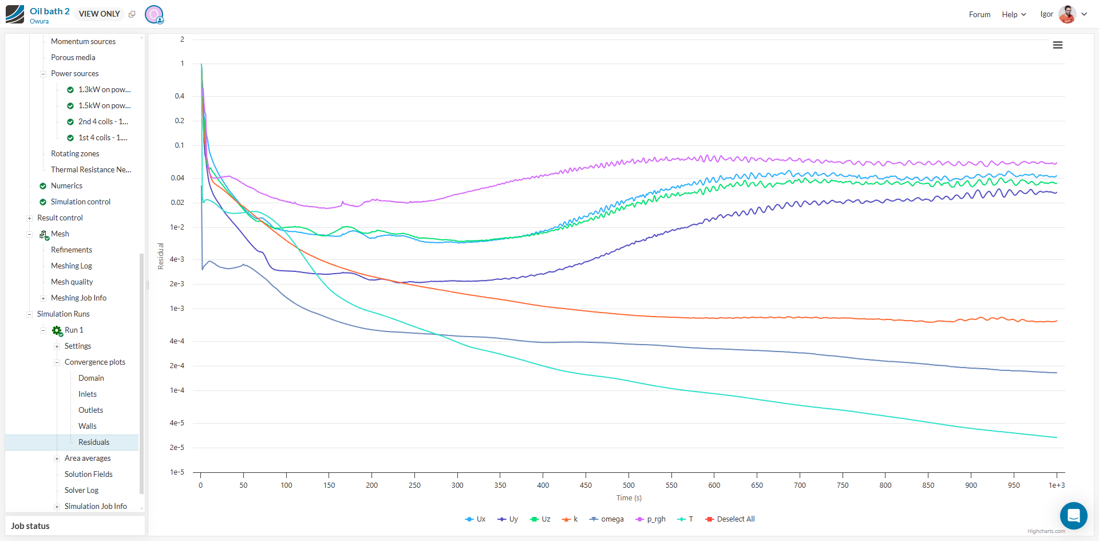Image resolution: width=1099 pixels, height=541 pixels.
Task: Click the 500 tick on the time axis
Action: pos(628,485)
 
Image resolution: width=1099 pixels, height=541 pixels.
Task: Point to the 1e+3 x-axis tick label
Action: pos(1056,485)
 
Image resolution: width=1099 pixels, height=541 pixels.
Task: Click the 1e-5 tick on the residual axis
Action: pos(177,472)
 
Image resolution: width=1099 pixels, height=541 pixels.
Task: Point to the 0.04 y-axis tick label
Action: pos(177,178)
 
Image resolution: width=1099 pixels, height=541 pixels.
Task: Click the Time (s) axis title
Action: pos(628,498)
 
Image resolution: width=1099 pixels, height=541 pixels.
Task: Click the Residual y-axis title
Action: pos(161,256)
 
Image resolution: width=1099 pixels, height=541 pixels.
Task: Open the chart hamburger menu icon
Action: pos(1057,45)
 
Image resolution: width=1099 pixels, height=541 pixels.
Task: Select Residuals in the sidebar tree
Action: pos(94,442)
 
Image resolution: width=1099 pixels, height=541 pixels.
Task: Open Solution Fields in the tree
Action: pos(89,474)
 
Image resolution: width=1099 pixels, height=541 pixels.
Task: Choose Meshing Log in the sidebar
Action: pos(72,266)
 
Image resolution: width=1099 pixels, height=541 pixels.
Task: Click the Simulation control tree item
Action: pos(81,202)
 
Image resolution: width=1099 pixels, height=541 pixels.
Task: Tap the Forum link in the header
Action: pos(979,14)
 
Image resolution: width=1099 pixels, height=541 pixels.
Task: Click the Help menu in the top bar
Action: pos(1013,14)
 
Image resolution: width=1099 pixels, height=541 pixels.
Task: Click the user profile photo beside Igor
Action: pos(1067,14)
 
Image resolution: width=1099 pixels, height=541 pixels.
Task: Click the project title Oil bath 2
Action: pos(50,11)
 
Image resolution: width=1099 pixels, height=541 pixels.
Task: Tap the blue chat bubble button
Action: pos(1073,516)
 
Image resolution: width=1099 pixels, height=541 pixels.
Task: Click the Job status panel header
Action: pos(30,526)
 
